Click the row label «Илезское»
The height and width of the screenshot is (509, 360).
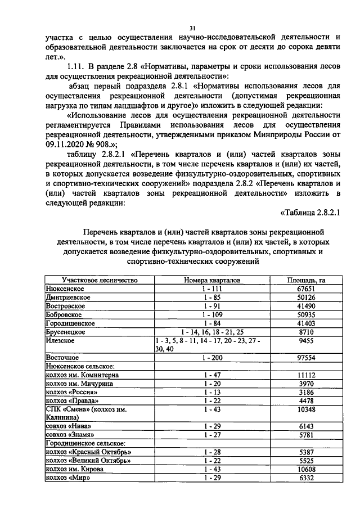pyautogui.click(x=59, y=341)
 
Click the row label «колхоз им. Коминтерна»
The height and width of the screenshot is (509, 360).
pyautogui.click(x=82, y=375)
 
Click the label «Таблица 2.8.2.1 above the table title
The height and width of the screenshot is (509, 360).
pyautogui.click(x=310, y=211)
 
